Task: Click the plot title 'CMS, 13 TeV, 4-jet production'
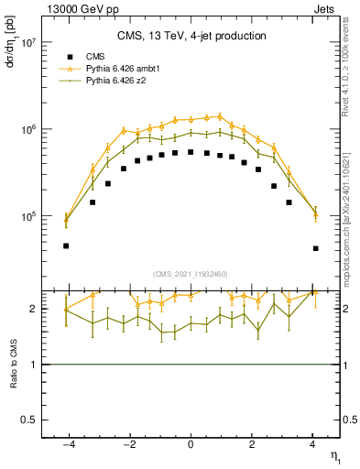click(191, 36)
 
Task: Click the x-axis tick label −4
click(66, 445)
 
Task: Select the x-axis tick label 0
click(191, 445)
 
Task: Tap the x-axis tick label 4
click(312, 445)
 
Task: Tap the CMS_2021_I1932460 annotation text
click(191, 274)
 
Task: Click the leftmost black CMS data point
click(66, 245)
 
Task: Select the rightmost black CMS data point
click(315, 248)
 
